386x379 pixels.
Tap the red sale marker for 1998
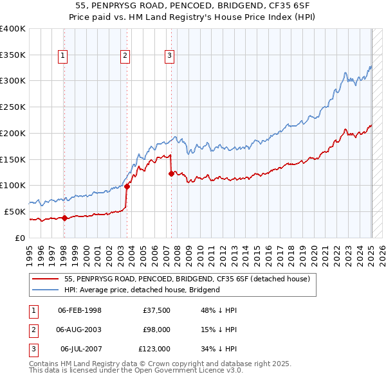tap(64, 218)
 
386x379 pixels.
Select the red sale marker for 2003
tap(127, 186)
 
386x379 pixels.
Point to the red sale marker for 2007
tap(171, 173)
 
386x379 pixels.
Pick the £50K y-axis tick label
tap(14, 211)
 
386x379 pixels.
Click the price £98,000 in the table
tap(156, 330)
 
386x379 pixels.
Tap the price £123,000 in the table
tap(154, 349)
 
